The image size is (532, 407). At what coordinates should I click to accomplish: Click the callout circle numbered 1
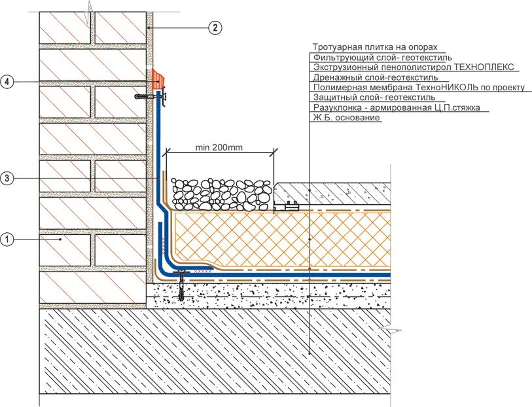pos(7,240)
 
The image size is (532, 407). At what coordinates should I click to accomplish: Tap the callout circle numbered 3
pos(7,178)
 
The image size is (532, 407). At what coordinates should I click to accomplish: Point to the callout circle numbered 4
pos(7,81)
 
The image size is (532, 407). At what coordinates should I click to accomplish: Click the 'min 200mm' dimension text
pos(219,147)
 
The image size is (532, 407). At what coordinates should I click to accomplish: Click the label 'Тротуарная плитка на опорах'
pos(374,48)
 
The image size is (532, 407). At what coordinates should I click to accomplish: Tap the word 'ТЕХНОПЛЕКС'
pos(484,67)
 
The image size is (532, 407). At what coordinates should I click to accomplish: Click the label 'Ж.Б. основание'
pos(346,118)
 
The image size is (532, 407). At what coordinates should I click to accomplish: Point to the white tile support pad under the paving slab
pos(286,207)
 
